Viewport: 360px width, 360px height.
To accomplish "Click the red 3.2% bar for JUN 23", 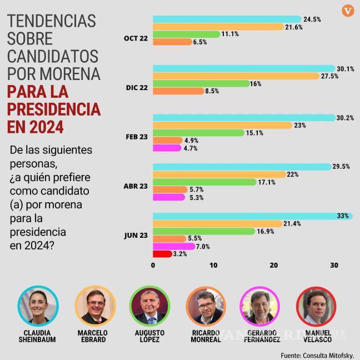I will (162, 254).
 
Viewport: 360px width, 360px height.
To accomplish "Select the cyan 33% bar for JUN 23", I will (252, 216).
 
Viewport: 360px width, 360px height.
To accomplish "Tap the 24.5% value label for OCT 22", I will (312, 19).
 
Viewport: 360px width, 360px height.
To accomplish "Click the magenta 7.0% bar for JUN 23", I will (173, 246).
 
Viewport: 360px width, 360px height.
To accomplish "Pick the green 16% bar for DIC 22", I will (201, 83).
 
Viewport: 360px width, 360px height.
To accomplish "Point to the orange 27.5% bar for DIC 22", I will (236, 76).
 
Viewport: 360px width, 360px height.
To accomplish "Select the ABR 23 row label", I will (137, 186).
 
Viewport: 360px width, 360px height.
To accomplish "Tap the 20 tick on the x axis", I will (273, 266).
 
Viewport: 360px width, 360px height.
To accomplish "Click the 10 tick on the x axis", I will (213, 266).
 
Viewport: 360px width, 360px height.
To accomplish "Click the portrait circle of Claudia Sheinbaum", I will (37, 306).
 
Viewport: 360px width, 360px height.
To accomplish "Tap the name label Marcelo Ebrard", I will (93, 336).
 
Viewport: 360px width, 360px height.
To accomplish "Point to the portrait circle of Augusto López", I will (148, 306).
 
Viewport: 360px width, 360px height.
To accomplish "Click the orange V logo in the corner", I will (348, 11).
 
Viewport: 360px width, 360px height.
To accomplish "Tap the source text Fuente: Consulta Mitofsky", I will (317, 354).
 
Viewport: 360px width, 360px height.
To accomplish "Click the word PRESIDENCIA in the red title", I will (54, 109).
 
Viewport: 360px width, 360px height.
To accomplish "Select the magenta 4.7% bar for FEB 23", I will (167, 148).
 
